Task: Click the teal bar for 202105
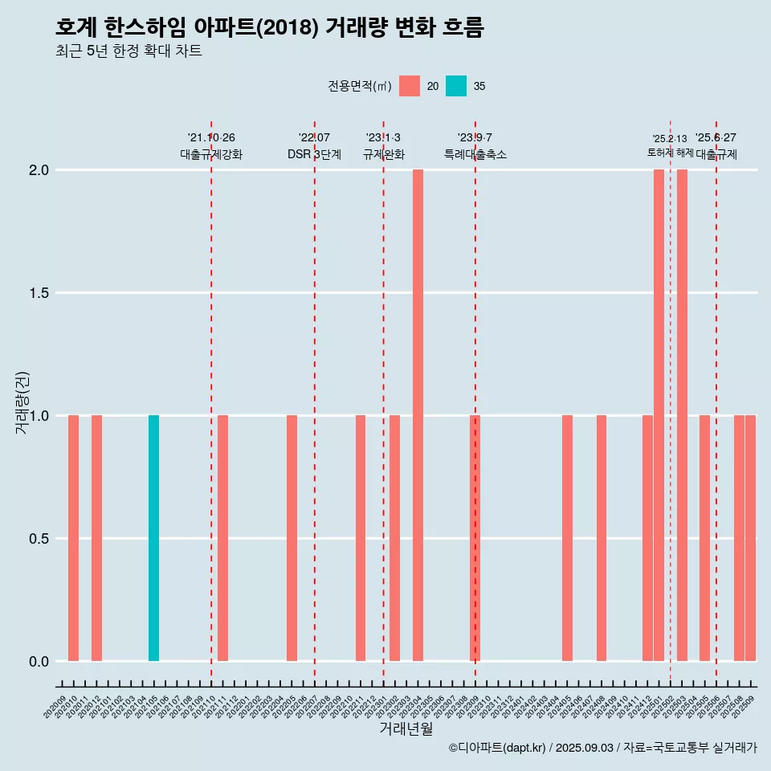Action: (x=153, y=538)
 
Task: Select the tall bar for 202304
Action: (x=418, y=415)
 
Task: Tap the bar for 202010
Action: (x=73, y=538)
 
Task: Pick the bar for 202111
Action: (x=222, y=538)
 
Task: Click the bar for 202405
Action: (x=567, y=538)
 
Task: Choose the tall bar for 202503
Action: (x=682, y=415)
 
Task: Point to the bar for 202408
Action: (x=602, y=538)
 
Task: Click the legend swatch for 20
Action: (x=410, y=86)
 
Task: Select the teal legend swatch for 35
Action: (x=456, y=86)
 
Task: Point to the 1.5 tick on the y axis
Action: (x=39, y=293)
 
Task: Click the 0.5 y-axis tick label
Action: (x=39, y=539)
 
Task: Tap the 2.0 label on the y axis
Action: (x=39, y=170)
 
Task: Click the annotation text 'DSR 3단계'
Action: (x=314, y=154)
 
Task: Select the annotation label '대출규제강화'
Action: (x=211, y=154)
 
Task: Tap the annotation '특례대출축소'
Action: (x=475, y=154)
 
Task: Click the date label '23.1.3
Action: (x=383, y=138)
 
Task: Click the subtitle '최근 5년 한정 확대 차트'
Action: (x=128, y=51)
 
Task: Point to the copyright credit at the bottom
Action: (x=602, y=748)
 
